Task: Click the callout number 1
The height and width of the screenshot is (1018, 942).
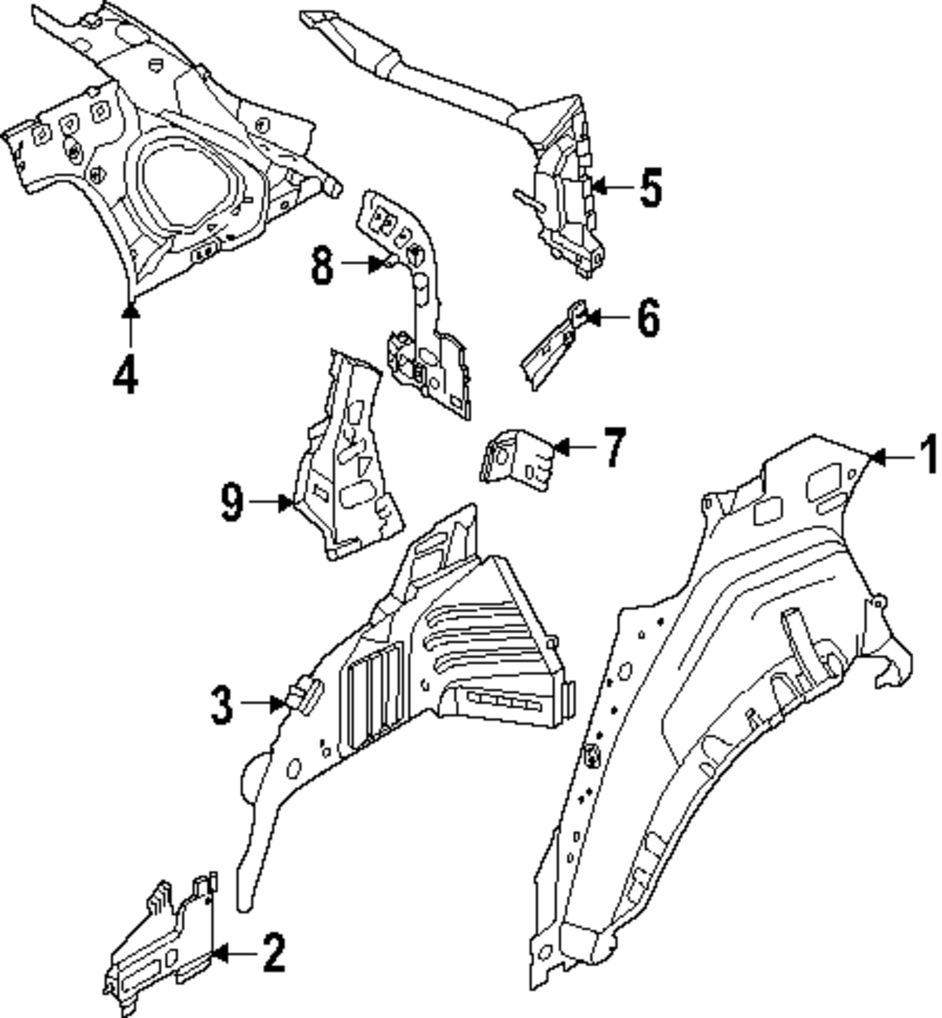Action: (x=928, y=456)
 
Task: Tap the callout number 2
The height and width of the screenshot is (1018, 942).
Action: (x=272, y=954)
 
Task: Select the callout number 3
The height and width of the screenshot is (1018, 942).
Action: (x=221, y=705)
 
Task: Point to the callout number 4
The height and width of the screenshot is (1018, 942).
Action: (x=125, y=375)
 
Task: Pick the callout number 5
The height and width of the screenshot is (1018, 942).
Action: (x=650, y=189)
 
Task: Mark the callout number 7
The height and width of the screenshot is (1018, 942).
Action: (x=613, y=448)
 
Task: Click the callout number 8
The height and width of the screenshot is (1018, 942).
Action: (x=322, y=266)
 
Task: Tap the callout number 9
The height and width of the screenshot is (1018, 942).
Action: (x=232, y=503)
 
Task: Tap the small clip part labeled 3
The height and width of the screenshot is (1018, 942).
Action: (x=303, y=695)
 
